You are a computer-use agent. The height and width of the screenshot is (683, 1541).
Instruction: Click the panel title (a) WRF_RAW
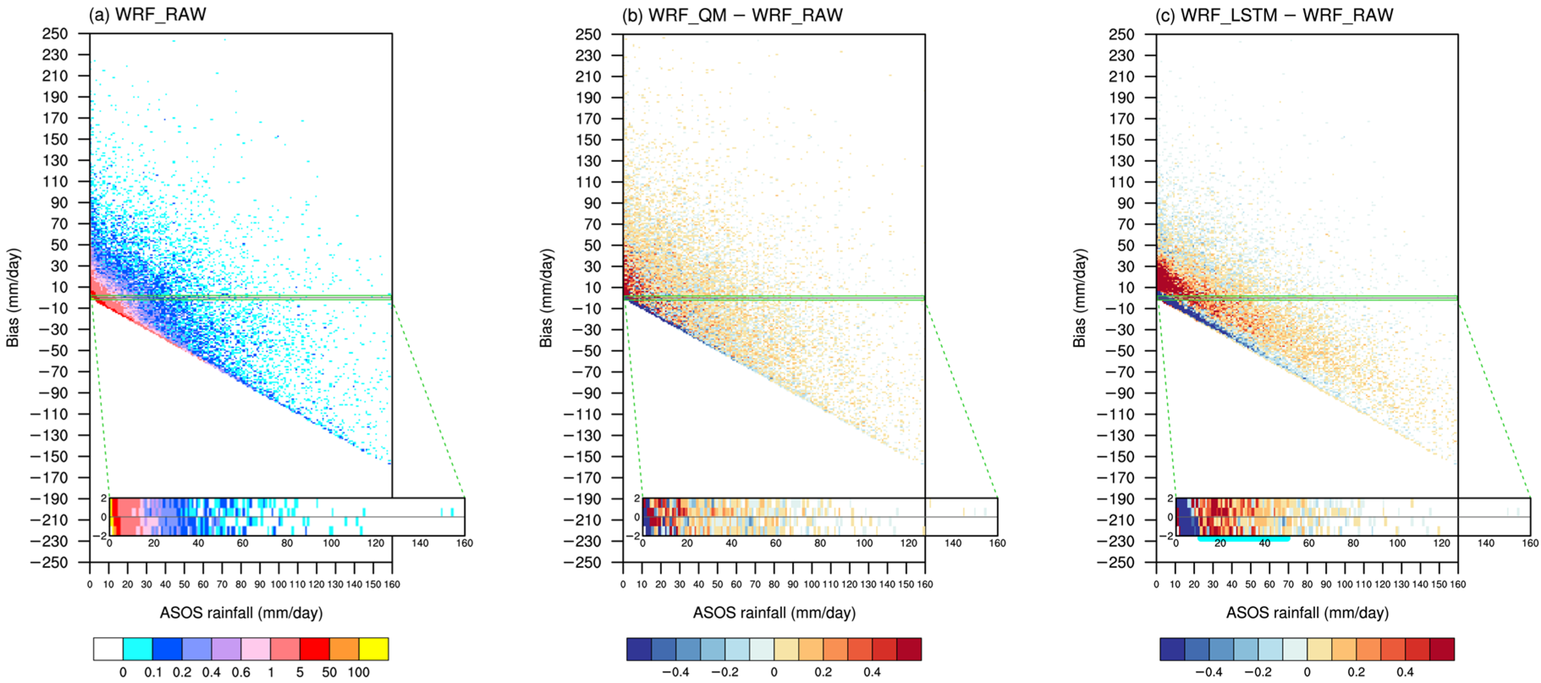coord(147,14)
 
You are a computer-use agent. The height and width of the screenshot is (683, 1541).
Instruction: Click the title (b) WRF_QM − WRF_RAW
coord(732,14)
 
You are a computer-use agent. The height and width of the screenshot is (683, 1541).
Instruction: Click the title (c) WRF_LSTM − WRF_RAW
coord(1274,14)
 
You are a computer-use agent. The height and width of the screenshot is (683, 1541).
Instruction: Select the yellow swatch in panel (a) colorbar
coord(373,649)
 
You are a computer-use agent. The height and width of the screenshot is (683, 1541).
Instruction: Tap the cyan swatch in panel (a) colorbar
coord(137,649)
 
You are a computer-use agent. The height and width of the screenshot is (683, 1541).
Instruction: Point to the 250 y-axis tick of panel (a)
coord(55,34)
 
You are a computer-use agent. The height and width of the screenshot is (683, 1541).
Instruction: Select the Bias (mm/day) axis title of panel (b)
coord(546,298)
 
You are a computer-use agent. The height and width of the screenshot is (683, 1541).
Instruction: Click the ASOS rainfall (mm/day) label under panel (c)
coord(1307,612)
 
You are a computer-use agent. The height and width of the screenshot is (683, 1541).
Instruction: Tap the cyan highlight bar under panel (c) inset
coord(1244,539)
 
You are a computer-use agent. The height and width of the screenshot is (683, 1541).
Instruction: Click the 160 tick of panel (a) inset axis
coord(464,543)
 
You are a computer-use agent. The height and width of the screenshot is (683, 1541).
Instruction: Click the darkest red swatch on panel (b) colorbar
coord(909,649)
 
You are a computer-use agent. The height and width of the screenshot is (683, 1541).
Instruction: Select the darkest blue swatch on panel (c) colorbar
coord(1172,649)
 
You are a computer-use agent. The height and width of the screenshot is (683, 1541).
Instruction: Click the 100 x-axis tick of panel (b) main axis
coord(811,584)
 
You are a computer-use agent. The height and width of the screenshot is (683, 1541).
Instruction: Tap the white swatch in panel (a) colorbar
coord(108,649)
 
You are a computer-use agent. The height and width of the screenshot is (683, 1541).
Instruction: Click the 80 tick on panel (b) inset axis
coord(819,543)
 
